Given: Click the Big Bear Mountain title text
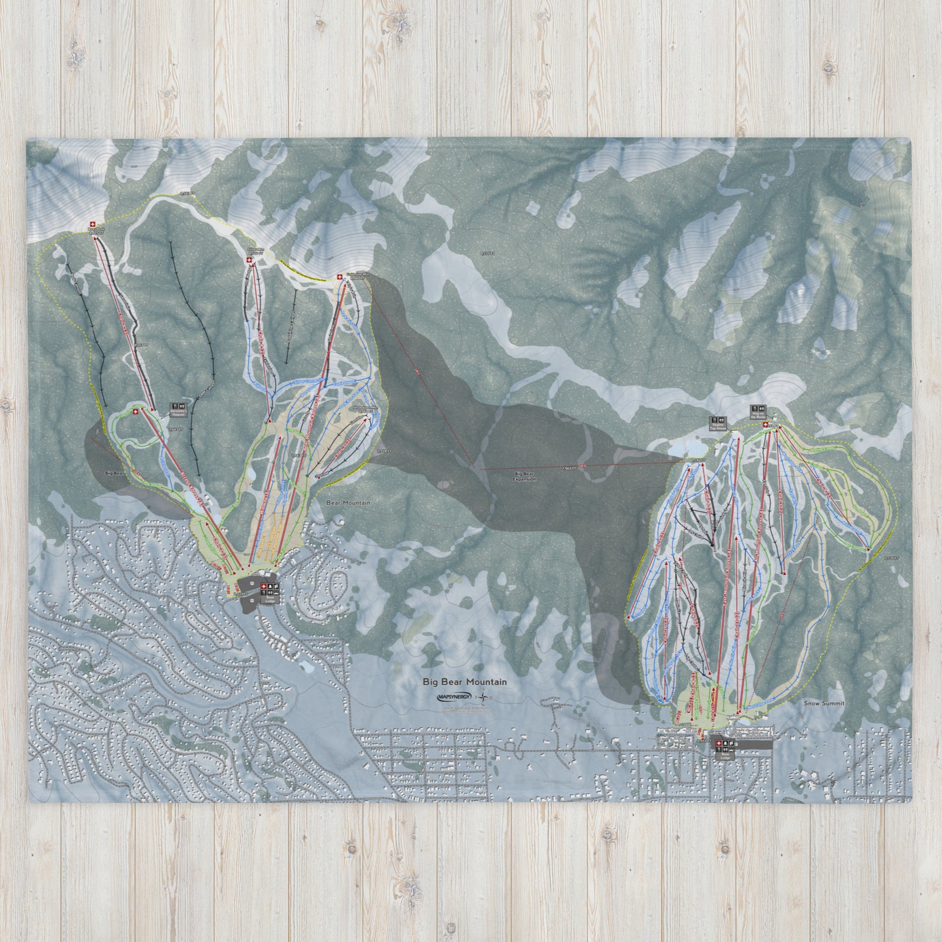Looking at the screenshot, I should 465,682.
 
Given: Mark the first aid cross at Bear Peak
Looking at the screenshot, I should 92,224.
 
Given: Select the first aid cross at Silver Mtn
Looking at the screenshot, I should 248,257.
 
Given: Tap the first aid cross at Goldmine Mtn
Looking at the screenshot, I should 340,277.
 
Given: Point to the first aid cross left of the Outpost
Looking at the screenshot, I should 136,411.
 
